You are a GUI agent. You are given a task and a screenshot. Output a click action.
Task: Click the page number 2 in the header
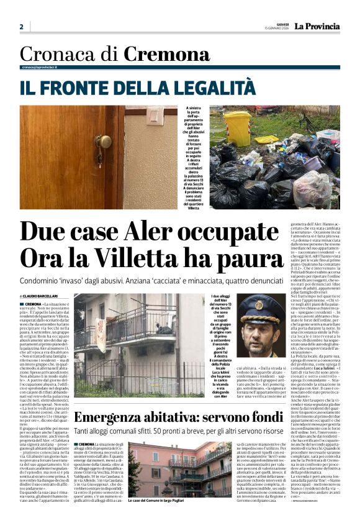(21, 27)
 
